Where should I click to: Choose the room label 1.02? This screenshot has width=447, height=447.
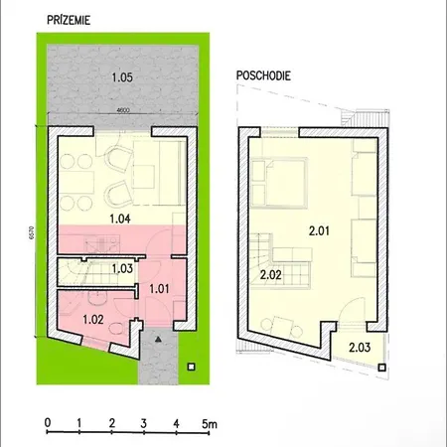pos(92,319)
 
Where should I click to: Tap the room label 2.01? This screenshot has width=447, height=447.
pos(319,230)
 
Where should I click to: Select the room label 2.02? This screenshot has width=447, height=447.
pos(271,273)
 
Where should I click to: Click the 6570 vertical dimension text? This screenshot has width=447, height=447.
pos(40,239)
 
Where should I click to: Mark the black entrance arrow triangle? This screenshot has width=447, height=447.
pos(157,339)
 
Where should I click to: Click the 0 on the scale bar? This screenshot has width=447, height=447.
pos(47,421)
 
